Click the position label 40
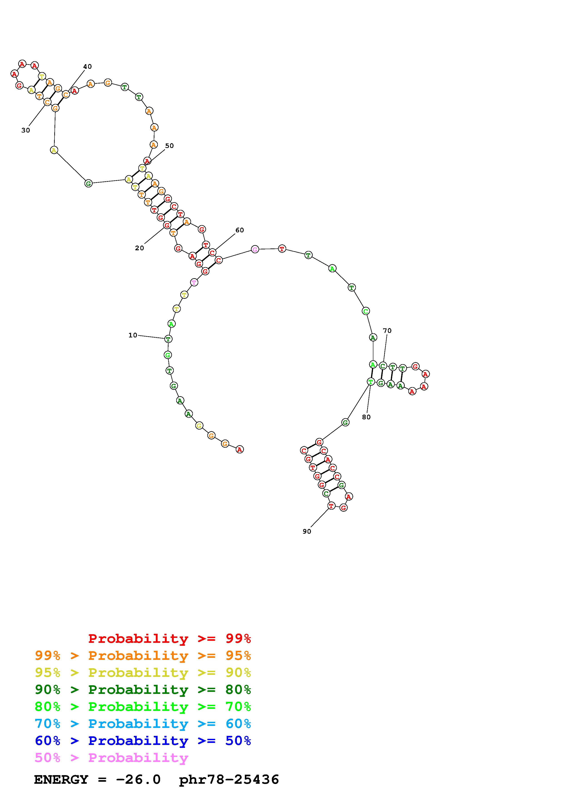(87, 66)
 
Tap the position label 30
(26, 130)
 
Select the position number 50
(169, 146)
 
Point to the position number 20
(139, 248)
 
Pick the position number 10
(133, 335)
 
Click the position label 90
(307, 531)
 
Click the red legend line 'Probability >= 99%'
(170, 639)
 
